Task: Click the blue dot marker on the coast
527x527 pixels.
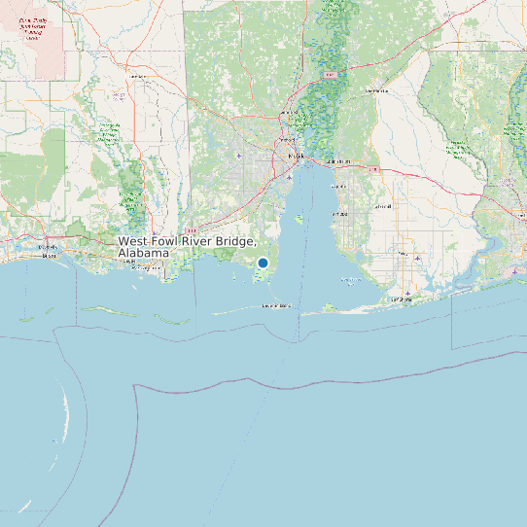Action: click(x=263, y=263)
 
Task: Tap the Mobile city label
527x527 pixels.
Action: click(x=296, y=156)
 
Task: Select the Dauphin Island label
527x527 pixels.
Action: click(x=276, y=305)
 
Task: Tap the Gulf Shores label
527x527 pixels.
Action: click(x=402, y=299)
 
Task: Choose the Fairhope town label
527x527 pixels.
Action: click(x=339, y=213)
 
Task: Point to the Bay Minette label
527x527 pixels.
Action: click(x=376, y=91)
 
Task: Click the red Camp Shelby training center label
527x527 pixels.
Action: click(x=34, y=28)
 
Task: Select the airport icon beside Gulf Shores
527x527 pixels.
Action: click(x=408, y=292)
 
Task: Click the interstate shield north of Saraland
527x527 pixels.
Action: click(x=330, y=74)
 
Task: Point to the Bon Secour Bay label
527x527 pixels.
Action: click(x=344, y=280)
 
